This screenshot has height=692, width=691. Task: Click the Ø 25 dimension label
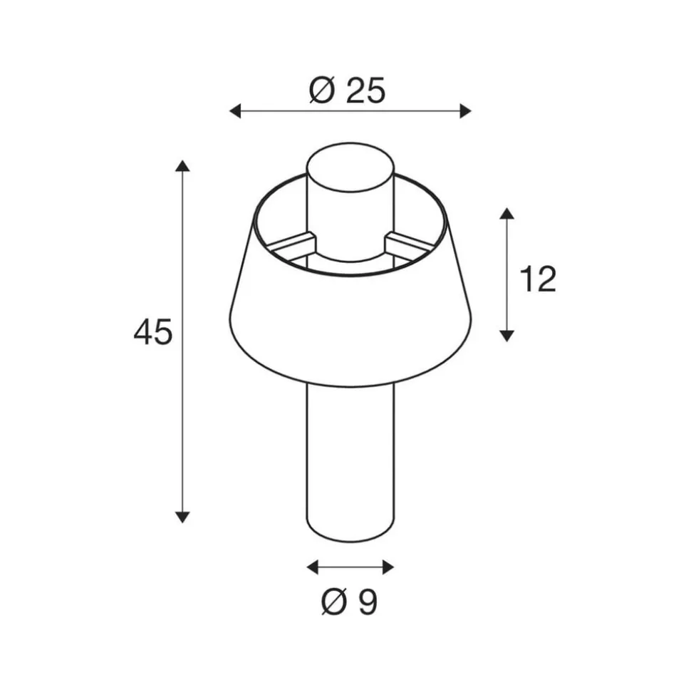tap(347, 91)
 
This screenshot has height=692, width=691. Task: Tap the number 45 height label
tap(152, 332)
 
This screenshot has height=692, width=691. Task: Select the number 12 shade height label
tap(538, 279)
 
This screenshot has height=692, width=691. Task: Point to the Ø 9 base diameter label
tap(350, 602)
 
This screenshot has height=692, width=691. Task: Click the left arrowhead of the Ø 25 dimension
tap(235, 110)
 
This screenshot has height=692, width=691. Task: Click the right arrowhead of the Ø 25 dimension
tap(465, 110)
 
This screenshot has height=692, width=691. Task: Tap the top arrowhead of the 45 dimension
tap(182, 166)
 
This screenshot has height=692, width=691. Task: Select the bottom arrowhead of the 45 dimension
tap(182, 517)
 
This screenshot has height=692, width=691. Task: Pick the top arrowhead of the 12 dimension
tap(507, 213)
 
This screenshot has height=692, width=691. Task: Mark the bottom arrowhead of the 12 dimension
tap(507, 336)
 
